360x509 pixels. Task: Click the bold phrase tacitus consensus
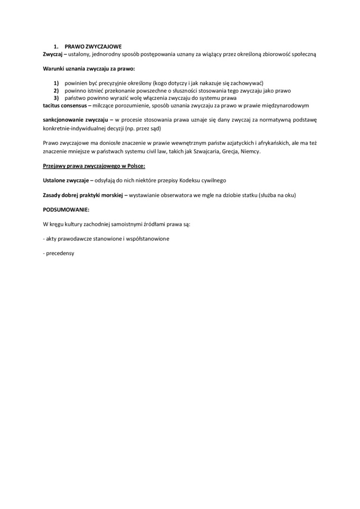64,105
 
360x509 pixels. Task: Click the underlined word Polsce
135,166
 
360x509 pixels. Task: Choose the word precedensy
60,253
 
